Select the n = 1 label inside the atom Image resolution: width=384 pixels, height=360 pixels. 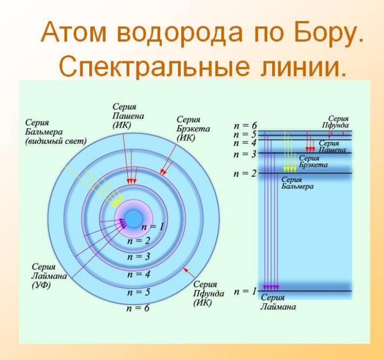(152, 227)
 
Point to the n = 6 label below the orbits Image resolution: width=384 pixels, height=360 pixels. (138, 308)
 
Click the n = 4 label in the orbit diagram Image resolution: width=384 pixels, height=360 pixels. (138, 274)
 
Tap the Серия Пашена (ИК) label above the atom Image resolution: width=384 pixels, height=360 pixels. (128, 116)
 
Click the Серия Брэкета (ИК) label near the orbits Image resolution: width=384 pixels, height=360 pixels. (193, 129)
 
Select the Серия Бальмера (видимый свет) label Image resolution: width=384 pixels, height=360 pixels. (56, 132)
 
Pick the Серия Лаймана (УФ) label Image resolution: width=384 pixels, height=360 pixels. (49, 276)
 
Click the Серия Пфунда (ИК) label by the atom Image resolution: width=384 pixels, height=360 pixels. (209, 294)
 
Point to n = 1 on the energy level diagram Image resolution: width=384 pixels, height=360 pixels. (245, 291)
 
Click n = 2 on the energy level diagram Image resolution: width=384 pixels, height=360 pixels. (245, 174)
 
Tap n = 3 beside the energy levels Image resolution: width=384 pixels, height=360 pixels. (245, 154)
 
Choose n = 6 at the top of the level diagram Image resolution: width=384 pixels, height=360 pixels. (245, 125)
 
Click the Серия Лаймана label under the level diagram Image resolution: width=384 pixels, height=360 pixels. (278, 302)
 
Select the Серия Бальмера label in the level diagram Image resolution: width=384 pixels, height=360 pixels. (297, 183)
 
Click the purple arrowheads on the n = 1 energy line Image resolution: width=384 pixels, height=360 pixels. (271, 288)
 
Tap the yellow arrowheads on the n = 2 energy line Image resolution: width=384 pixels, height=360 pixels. (290, 170)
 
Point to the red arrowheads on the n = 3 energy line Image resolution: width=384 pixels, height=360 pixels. (310, 150)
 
